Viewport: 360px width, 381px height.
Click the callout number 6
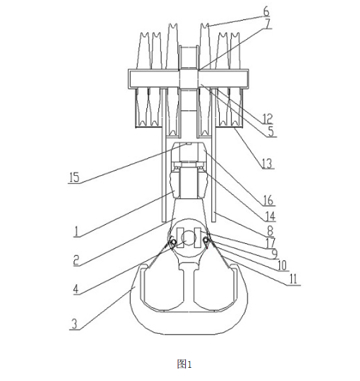point(267,12)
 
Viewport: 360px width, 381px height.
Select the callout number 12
point(267,119)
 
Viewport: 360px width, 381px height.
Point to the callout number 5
point(271,131)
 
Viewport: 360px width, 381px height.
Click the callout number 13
point(267,163)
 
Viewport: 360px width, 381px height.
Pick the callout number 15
point(74,177)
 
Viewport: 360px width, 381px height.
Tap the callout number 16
point(268,200)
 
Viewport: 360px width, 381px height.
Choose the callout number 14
point(270,216)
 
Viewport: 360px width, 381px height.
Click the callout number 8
point(270,231)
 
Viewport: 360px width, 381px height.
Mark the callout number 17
point(271,243)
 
